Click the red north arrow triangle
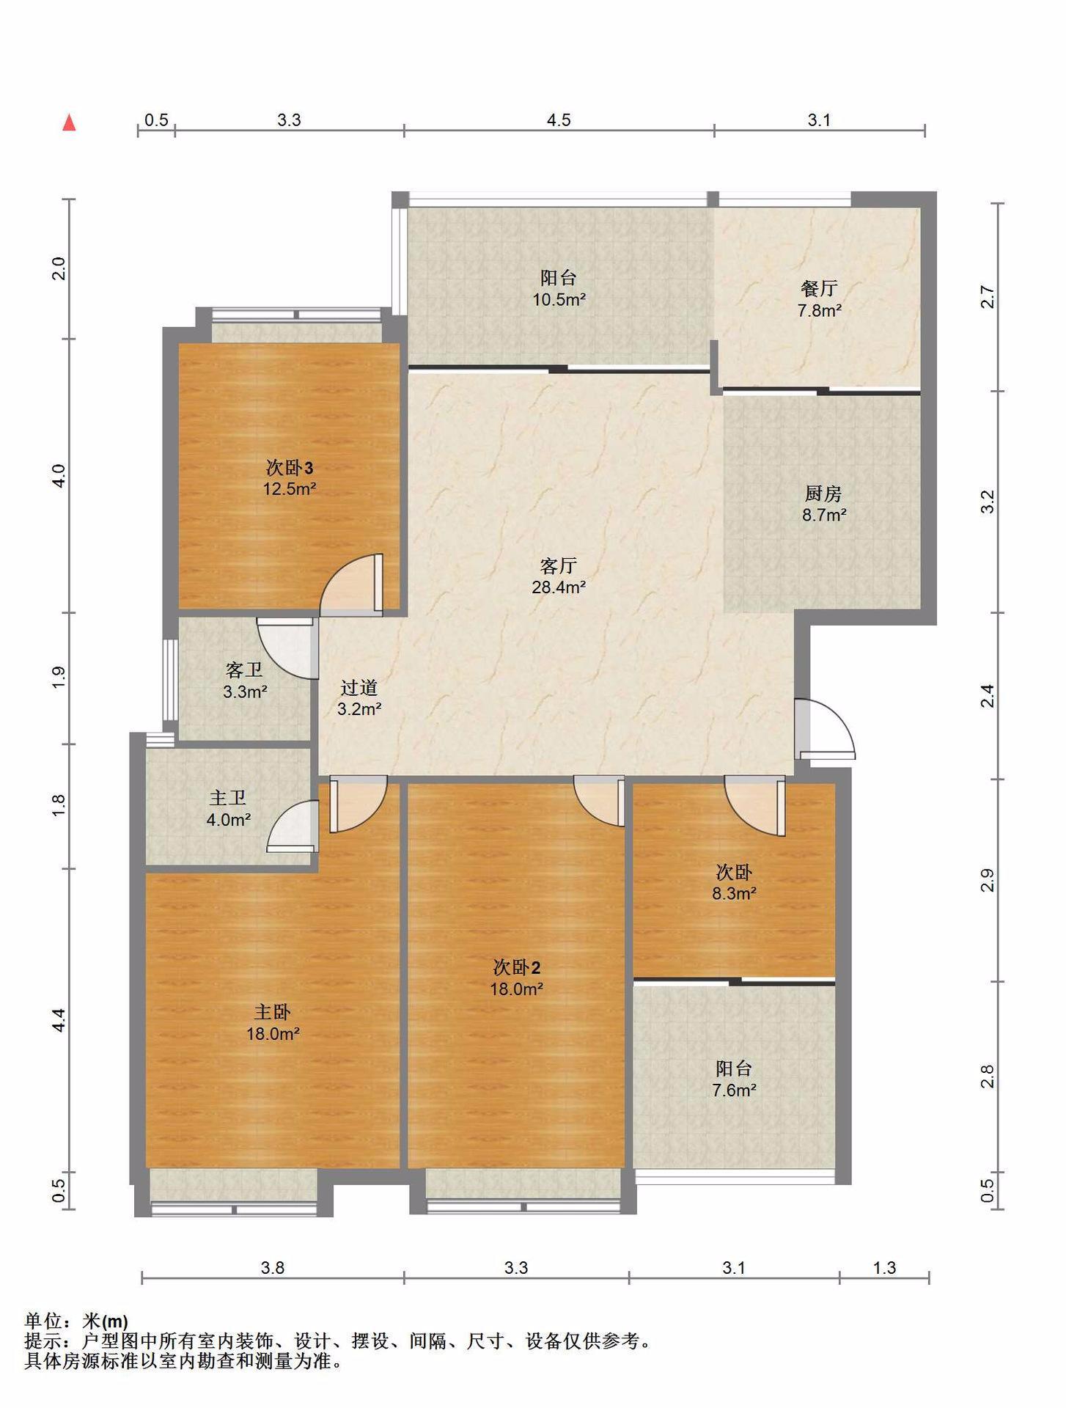70,122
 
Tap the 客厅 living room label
558,565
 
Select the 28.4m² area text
559,587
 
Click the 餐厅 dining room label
819,289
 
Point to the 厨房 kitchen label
823,494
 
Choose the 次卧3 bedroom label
290,467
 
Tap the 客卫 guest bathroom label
245,670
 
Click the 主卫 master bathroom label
228,798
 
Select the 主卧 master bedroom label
272,1012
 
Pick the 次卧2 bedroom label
517,967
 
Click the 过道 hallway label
359,687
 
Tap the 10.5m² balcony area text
559,299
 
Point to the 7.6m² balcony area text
734,1090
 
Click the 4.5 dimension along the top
559,120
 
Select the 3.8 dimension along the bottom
272,1268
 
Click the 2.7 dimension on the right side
988,297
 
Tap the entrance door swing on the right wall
826,729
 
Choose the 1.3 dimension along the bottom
884,1268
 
